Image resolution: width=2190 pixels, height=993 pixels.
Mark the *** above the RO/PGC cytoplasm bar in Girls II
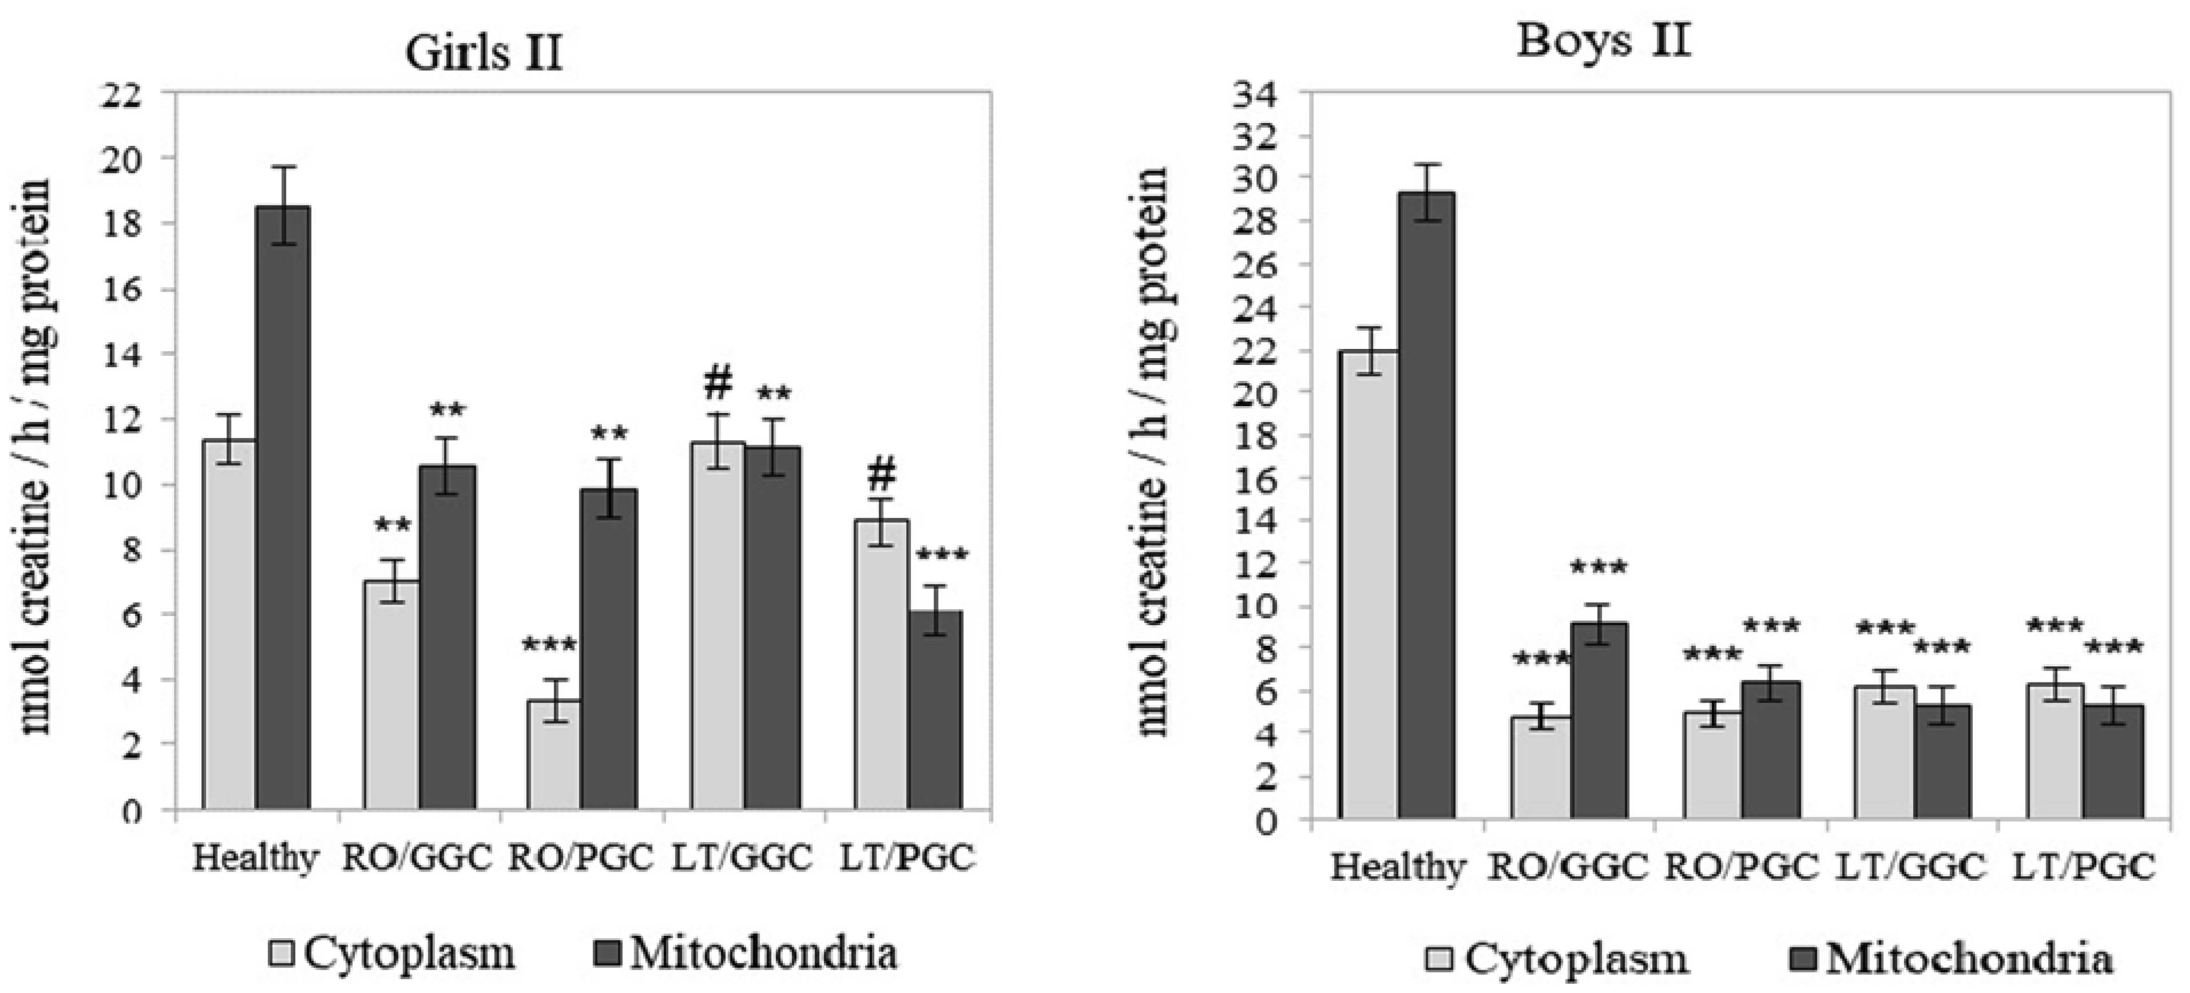[x=552, y=645]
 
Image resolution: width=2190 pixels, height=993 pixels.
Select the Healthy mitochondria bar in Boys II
[x=1427, y=506]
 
